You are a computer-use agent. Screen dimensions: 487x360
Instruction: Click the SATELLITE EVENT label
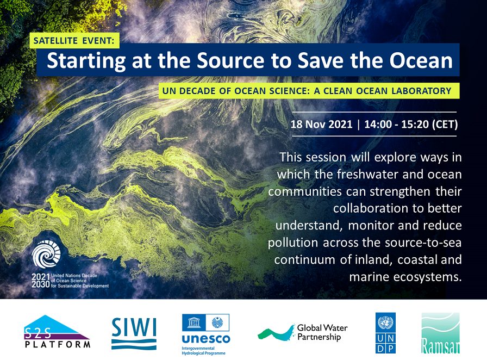pyautogui.click(x=74, y=40)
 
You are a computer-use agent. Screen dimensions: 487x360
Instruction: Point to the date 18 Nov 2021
pyautogui.click(x=321, y=125)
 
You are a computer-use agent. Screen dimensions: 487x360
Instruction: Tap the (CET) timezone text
pyautogui.click(x=445, y=125)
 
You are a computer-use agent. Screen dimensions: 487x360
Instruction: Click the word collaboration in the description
pyautogui.click(x=376, y=208)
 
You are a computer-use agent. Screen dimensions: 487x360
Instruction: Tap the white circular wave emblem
pyautogui.click(x=46, y=255)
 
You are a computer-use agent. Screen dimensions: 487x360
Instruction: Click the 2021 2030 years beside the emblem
pyautogui.click(x=40, y=281)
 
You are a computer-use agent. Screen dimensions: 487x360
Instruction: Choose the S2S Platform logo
pyautogui.click(x=57, y=331)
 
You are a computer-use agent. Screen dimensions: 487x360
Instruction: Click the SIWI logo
pyautogui.click(x=134, y=333)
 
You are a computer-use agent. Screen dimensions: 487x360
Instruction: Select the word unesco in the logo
pyautogui.click(x=206, y=339)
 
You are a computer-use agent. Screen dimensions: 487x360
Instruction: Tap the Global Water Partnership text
pyautogui.click(x=322, y=332)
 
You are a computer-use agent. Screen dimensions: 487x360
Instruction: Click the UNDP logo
pyautogui.click(x=385, y=333)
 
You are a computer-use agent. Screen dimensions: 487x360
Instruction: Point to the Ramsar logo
pyautogui.click(x=440, y=333)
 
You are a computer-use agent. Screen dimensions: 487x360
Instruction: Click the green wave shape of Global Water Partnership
pyautogui.click(x=276, y=333)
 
